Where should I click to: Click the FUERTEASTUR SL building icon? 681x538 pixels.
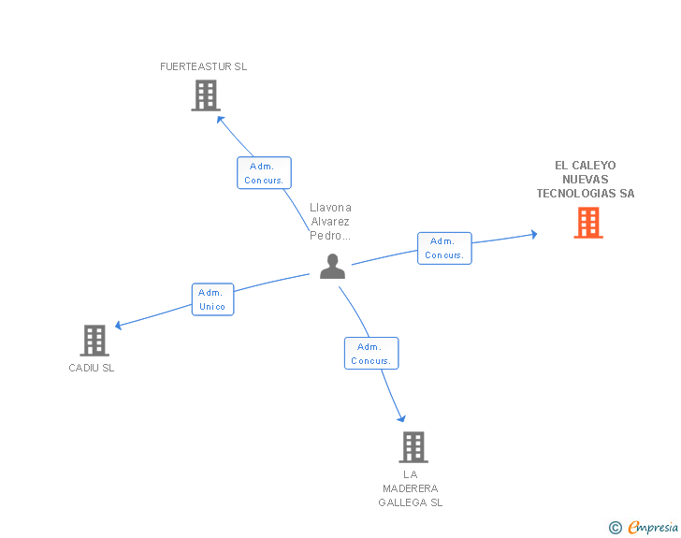pyautogui.click(x=206, y=95)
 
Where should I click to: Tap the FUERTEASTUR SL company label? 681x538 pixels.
pyautogui.click(x=203, y=66)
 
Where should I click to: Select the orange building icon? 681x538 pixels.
pyautogui.click(x=588, y=223)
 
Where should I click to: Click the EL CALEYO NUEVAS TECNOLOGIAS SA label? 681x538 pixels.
pyautogui.click(x=586, y=179)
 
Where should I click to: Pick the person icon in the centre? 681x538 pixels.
pyautogui.click(x=332, y=266)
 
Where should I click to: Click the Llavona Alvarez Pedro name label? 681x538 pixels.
pyautogui.click(x=330, y=222)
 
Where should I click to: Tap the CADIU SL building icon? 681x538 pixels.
pyautogui.click(x=94, y=341)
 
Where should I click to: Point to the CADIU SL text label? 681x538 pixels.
pyautogui.click(x=92, y=368)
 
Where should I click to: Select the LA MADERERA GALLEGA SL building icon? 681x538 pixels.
pyautogui.click(x=413, y=446)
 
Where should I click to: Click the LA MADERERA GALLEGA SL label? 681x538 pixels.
pyautogui.click(x=411, y=488)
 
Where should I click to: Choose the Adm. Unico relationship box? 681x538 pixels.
pyautogui.click(x=213, y=299)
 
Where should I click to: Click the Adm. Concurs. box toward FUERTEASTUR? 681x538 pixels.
pyautogui.click(x=264, y=173)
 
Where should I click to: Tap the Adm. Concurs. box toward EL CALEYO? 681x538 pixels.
pyautogui.click(x=444, y=248)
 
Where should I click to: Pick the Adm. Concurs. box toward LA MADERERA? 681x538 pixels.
pyautogui.click(x=371, y=354)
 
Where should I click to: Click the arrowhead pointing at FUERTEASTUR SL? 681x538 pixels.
pyautogui.click(x=220, y=120)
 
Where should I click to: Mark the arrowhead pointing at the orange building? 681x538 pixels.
pyautogui.click(x=534, y=235)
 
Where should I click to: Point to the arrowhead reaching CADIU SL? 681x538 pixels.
pyautogui.click(x=119, y=325)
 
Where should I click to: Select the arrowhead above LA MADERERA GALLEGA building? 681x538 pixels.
pyautogui.click(x=401, y=418)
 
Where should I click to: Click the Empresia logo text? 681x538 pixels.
pyautogui.click(x=653, y=528)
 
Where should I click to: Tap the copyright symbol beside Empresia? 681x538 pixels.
pyautogui.click(x=616, y=528)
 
